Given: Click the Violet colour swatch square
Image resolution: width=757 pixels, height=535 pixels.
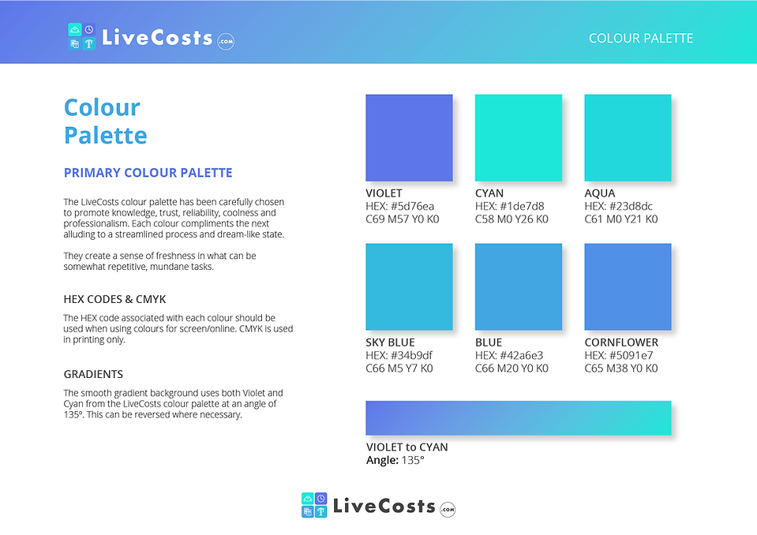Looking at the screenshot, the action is pyautogui.click(x=409, y=138).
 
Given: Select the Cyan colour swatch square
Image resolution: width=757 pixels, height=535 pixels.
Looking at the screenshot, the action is pyautogui.click(x=519, y=138).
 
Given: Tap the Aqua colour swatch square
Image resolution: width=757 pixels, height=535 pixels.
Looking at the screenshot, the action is pyautogui.click(x=628, y=138).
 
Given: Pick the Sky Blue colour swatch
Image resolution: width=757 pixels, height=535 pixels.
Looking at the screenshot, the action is pyautogui.click(x=409, y=287).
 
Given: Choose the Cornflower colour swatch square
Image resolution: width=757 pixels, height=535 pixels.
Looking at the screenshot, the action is pyautogui.click(x=628, y=287).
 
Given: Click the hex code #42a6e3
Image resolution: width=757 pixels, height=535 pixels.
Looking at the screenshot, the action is pyautogui.click(x=523, y=356).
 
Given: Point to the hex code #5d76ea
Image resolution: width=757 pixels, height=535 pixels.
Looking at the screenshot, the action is pyautogui.click(x=412, y=207).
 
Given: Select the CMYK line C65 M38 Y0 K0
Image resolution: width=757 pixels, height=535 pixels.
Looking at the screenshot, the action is pyautogui.click(x=621, y=369).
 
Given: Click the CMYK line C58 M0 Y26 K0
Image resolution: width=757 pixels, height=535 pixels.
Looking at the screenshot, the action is pyautogui.click(x=512, y=219).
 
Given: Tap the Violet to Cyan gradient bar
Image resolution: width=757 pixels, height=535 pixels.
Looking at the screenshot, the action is pyautogui.click(x=519, y=418).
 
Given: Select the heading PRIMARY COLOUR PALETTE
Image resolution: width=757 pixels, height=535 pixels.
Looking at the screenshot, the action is pyautogui.click(x=148, y=173).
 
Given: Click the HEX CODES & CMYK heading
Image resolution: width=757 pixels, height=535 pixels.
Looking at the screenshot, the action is pyautogui.click(x=115, y=300).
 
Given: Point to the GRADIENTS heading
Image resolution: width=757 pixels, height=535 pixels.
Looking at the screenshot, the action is pyautogui.click(x=93, y=374).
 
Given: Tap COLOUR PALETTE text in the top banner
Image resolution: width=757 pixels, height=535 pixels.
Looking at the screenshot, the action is pyautogui.click(x=641, y=38).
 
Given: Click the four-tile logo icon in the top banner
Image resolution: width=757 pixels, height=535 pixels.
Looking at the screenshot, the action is pyautogui.click(x=81, y=36).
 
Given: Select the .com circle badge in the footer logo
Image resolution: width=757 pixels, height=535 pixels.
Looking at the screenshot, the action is pyautogui.click(x=448, y=510).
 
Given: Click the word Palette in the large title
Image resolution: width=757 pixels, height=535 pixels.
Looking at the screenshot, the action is pyautogui.click(x=106, y=136).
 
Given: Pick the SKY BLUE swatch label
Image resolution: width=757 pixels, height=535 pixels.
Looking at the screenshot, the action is pyautogui.click(x=390, y=342).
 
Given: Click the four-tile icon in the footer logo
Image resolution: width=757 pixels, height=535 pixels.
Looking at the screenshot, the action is pyautogui.click(x=314, y=505).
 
